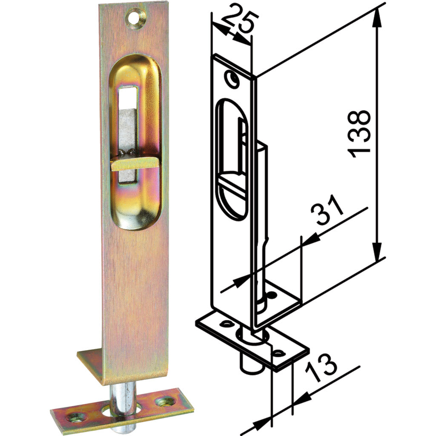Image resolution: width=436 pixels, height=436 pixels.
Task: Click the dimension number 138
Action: pyautogui.click(x=359, y=134)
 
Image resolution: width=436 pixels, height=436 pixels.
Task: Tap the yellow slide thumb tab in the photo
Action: pyautogui.click(x=132, y=164)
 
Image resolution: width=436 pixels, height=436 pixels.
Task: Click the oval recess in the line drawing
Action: pyautogui.click(x=232, y=158)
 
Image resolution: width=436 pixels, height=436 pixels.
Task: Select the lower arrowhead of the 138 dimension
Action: pyautogui.click(x=376, y=253)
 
